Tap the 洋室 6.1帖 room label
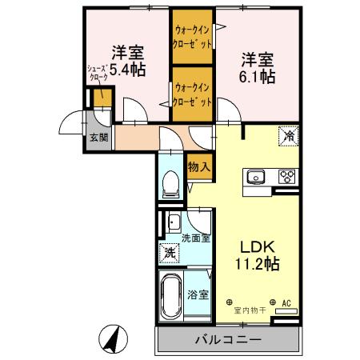click(x=258, y=67)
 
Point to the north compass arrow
click(x=114, y=340)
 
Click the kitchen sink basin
click(x=258, y=176)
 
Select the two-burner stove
click(x=286, y=176)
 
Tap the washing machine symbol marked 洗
click(x=170, y=254)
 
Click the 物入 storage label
click(x=199, y=168)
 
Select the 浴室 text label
click(x=198, y=294)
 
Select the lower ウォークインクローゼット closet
click(x=193, y=95)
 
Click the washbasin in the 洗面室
click(x=174, y=222)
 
